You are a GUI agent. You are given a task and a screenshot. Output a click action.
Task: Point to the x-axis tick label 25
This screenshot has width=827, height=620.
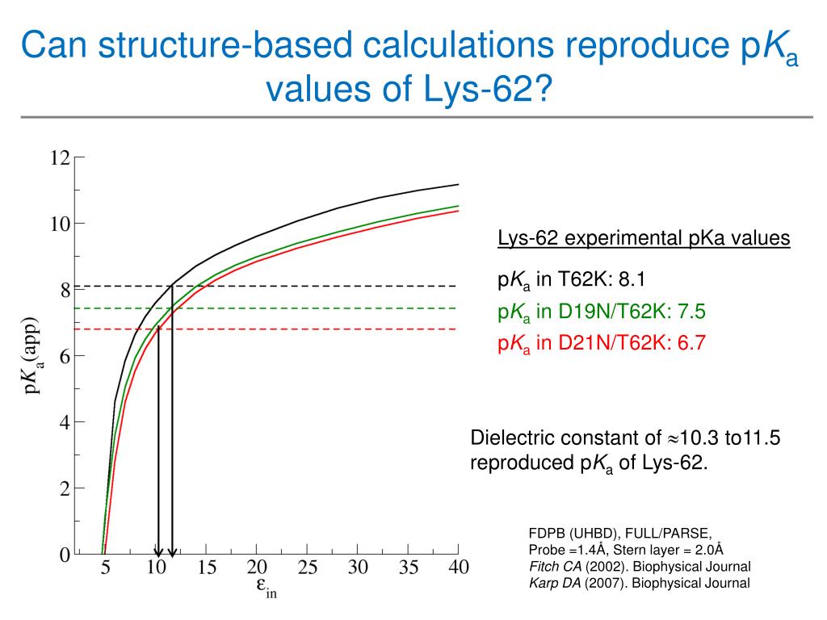307,568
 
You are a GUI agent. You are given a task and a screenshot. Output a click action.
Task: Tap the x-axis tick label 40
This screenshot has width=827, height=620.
458,568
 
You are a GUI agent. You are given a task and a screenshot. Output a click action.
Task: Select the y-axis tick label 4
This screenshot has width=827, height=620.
65,422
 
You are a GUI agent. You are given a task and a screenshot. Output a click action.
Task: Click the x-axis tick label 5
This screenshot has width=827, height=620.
106,568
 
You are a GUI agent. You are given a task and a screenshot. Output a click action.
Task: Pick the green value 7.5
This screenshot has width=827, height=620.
691,312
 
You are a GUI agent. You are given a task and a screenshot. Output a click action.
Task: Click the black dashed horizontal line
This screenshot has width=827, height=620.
323,287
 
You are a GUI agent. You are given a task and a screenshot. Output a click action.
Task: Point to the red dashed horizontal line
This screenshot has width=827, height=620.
323,329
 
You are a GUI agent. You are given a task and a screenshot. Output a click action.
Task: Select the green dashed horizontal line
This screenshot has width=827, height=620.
323,308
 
